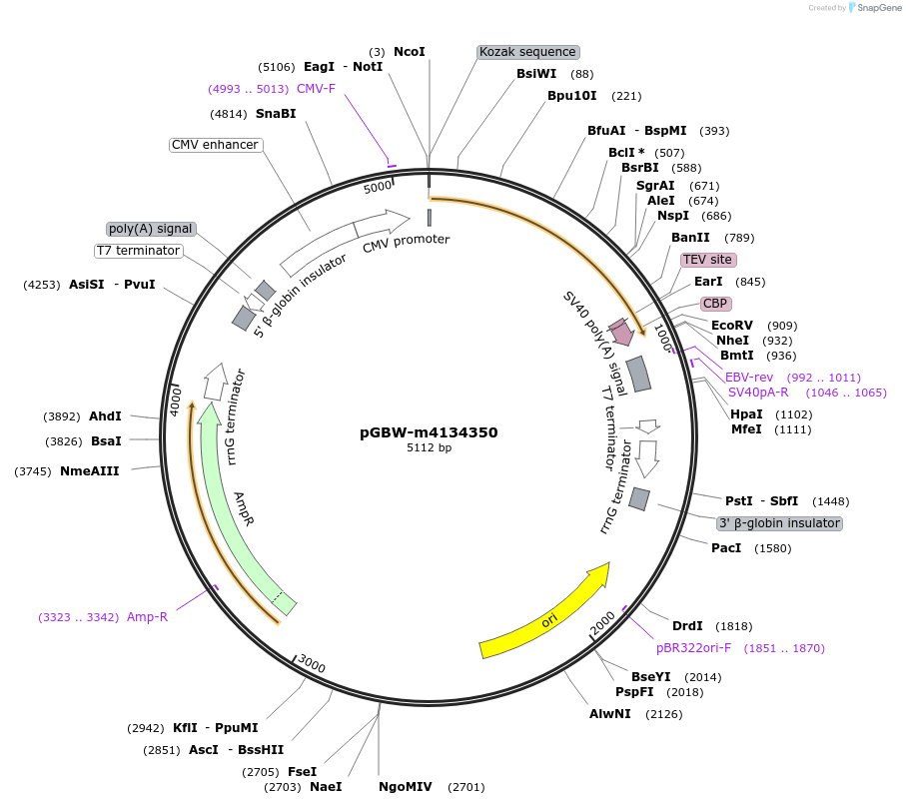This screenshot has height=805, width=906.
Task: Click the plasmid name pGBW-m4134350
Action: (429, 432)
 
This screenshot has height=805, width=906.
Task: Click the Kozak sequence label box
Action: (527, 52)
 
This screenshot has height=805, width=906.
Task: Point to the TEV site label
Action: (707, 260)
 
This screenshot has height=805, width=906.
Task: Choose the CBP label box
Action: (714, 304)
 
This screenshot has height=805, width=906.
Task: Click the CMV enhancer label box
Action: (215, 145)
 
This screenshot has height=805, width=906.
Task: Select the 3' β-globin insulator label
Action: (780, 523)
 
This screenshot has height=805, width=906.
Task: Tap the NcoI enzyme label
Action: (410, 51)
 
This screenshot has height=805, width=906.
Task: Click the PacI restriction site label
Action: (726, 548)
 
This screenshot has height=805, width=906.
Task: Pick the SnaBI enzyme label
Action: (276, 114)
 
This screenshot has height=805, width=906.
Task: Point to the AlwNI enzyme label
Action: (609, 714)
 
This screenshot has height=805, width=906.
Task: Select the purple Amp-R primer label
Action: (147, 617)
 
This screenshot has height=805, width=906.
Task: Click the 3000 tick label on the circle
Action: (312, 665)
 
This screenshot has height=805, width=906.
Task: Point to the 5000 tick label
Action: (378, 187)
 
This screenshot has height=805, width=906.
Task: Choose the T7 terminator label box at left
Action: (139, 251)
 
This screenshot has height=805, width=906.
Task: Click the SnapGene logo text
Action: (875, 8)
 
